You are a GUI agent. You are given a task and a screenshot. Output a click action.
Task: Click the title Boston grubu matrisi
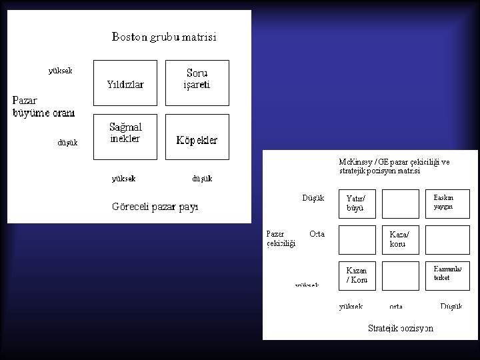(x=164, y=37)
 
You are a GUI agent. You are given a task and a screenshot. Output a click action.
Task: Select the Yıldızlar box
(x=125, y=83)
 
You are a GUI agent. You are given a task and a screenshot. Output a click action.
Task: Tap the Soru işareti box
(x=197, y=83)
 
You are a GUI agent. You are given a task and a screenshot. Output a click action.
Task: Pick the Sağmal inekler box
(x=125, y=137)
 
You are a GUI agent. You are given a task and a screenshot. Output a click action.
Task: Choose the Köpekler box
(x=197, y=137)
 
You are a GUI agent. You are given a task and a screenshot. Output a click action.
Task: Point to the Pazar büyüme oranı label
(x=43, y=107)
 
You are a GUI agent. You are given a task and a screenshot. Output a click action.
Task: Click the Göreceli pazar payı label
(x=155, y=207)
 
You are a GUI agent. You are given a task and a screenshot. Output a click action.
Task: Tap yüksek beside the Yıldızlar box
(x=60, y=71)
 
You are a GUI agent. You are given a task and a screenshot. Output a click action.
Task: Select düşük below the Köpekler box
(x=202, y=179)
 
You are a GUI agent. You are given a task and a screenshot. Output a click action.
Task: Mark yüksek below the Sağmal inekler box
(x=124, y=179)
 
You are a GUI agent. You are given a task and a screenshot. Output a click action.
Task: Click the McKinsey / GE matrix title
(x=394, y=166)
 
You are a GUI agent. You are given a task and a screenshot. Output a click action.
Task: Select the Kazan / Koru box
(x=357, y=275)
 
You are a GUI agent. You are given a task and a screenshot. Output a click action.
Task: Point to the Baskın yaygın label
(x=443, y=202)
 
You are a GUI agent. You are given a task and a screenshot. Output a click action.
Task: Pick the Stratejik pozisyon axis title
(x=401, y=328)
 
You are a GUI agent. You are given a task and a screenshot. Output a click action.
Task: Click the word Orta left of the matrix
(x=317, y=234)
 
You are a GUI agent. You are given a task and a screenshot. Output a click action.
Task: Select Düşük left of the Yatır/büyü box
(x=313, y=198)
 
